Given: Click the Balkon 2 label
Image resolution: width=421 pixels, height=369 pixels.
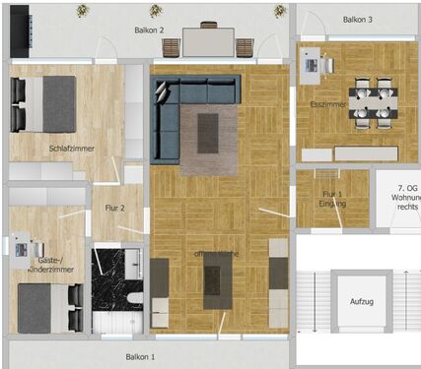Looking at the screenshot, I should (x=149, y=31).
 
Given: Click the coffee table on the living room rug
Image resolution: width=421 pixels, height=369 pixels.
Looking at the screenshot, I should (x=208, y=133).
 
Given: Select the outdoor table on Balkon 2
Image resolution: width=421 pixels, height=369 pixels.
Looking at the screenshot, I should (x=207, y=41).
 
